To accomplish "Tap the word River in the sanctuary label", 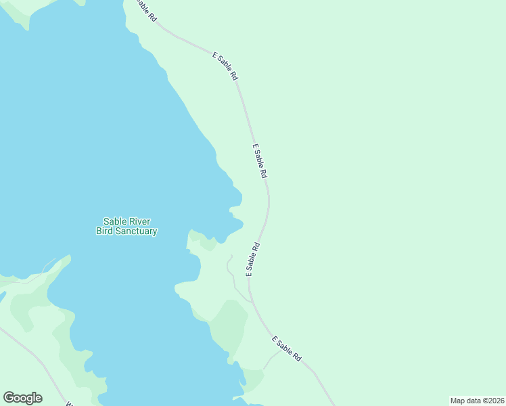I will click(x=138, y=221).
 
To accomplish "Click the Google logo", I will click(x=22, y=398).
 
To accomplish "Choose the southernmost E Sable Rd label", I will click(x=287, y=348).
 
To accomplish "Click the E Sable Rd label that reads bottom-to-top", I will click(x=252, y=259).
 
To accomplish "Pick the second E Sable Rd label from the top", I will click(x=225, y=66).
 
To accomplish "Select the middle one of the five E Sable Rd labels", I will click(x=259, y=160).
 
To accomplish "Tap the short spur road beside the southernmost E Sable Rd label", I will click(x=272, y=359).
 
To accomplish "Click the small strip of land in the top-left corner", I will click(x=20, y=12).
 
